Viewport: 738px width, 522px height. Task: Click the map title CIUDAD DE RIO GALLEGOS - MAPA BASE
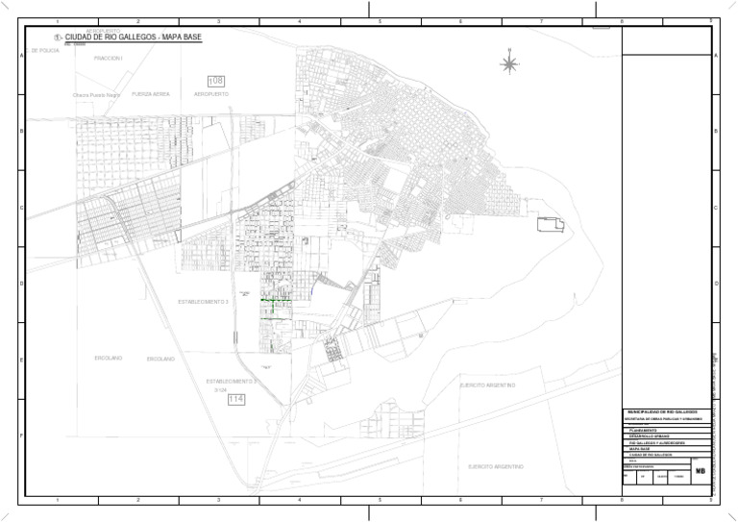pyautogui.click(x=134, y=37)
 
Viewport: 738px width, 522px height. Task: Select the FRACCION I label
pyautogui.click(x=109, y=59)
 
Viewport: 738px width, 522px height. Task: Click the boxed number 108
pyautogui.click(x=217, y=80)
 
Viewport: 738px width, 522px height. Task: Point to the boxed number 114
pyautogui.click(x=236, y=399)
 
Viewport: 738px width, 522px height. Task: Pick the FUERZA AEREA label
pyautogui.click(x=151, y=94)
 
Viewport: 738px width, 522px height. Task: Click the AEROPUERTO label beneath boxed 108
pyautogui.click(x=211, y=94)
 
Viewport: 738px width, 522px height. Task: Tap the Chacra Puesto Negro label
pyautogui.click(x=96, y=95)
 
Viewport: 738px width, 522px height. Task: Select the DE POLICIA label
pyautogui.click(x=42, y=50)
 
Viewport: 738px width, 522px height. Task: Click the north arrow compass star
pyautogui.click(x=509, y=64)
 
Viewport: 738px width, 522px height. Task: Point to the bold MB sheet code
pyautogui.click(x=701, y=472)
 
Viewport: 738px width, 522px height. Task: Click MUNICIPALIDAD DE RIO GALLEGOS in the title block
pyautogui.click(x=662, y=411)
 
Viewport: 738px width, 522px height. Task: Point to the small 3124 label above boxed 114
pyautogui.click(x=220, y=389)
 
